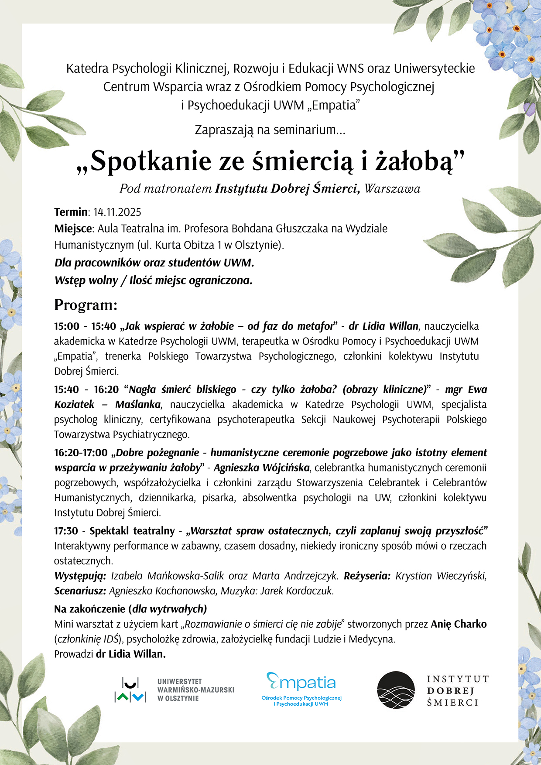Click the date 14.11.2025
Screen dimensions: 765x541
click(x=117, y=212)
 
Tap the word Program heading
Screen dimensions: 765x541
click(x=86, y=305)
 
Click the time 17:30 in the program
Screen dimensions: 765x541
click(x=66, y=531)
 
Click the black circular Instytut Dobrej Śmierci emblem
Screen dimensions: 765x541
click(x=396, y=690)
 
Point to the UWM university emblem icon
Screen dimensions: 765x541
click(x=130, y=690)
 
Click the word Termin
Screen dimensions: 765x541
click(x=71, y=212)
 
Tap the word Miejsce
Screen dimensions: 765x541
click(x=73, y=229)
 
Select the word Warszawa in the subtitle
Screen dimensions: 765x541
click(x=392, y=189)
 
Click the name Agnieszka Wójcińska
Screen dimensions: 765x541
click(x=261, y=468)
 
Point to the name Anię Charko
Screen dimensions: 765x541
click(x=459, y=624)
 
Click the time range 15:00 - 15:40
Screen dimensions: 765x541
click(x=85, y=326)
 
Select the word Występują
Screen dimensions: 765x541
click(x=80, y=576)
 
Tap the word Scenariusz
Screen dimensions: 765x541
click(x=80, y=591)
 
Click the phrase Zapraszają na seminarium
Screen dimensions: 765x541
click(x=270, y=130)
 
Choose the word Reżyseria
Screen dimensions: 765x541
click(x=367, y=576)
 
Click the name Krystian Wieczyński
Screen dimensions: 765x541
click(x=441, y=576)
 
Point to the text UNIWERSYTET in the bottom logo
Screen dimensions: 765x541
click(x=179, y=681)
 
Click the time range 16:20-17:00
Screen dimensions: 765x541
click(x=81, y=453)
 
